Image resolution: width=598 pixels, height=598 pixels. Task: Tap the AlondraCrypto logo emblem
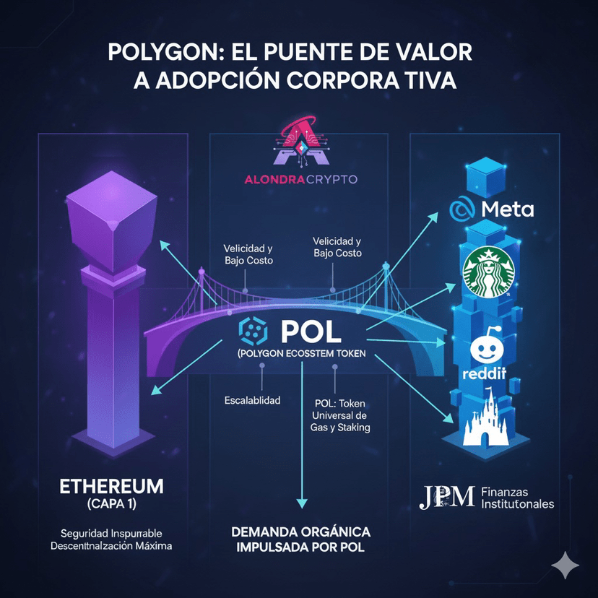pyautogui.click(x=298, y=144)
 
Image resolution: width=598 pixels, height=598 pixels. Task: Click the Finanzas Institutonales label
pyautogui.click(x=516, y=497)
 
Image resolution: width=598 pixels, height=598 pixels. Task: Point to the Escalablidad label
pyautogui.click(x=253, y=399)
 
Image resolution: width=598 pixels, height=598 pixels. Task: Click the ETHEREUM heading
pyautogui.click(x=111, y=485)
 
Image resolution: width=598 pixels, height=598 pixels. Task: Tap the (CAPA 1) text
pyautogui.click(x=111, y=503)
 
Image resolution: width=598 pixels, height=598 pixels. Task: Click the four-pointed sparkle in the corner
pyautogui.click(x=564, y=565)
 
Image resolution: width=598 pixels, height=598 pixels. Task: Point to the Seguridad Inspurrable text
pyautogui.click(x=111, y=533)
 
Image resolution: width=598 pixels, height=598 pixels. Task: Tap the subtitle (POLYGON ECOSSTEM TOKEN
pyautogui.click(x=300, y=354)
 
